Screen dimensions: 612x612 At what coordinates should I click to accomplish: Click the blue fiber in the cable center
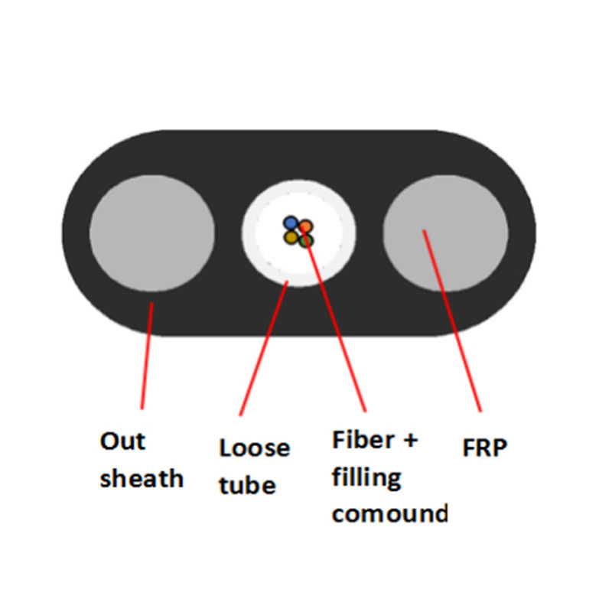(290, 223)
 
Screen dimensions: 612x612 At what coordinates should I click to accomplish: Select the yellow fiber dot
(291, 238)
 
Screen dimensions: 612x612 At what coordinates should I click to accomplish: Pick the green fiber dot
(307, 241)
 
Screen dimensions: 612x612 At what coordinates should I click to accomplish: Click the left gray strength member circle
(151, 233)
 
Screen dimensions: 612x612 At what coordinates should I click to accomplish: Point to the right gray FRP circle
(444, 233)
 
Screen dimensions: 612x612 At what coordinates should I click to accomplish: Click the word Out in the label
(122, 441)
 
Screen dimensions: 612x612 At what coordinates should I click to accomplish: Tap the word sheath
(142, 480)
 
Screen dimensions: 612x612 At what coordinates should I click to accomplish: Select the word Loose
(254, 448)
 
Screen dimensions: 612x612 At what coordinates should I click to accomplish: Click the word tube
(247, 484)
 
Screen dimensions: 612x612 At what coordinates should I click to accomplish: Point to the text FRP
(484, 448)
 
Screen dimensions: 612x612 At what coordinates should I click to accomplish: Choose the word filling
(366, 478)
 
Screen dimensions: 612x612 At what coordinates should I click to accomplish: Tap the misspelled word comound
(389, 513)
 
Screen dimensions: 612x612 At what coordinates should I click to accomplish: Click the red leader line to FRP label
(451, 321)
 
